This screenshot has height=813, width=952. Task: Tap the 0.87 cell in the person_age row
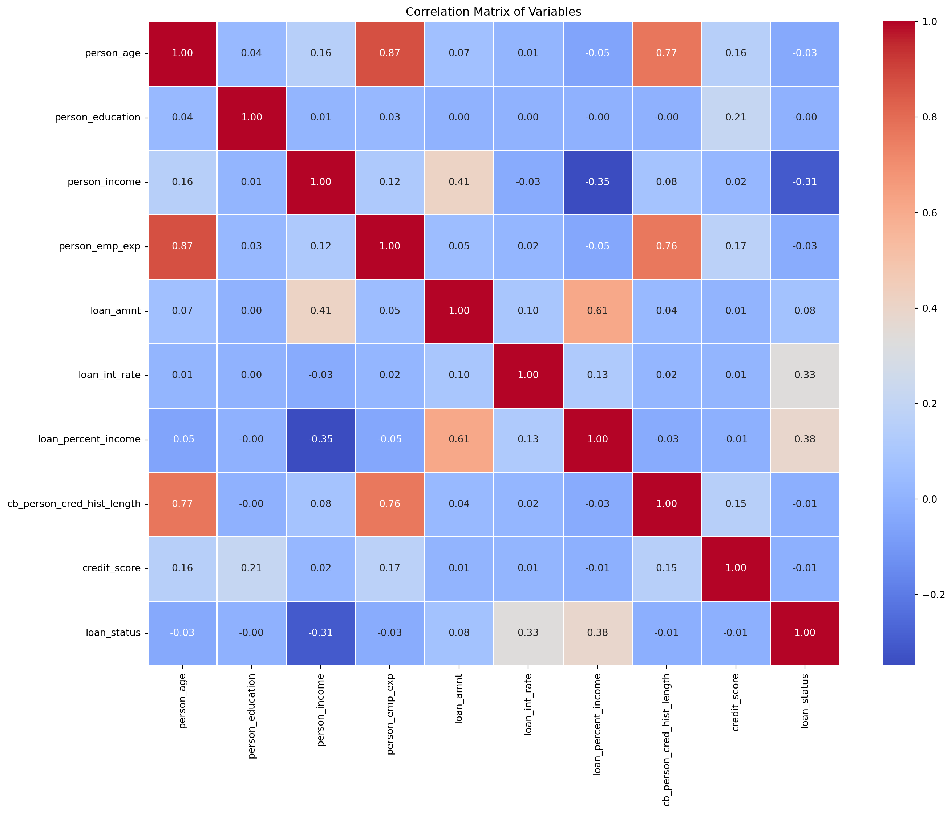click(x=390, y=53)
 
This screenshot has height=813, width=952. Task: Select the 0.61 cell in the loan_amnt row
click(x=597, y=311)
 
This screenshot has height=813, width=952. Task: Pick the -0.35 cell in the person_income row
click(x=597, y=182)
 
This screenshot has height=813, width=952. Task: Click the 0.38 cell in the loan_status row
click(x=597, y=633)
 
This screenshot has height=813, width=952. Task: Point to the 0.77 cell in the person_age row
click(x=666, y=53)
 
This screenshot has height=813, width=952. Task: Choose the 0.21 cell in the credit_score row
click(x=251, y=568)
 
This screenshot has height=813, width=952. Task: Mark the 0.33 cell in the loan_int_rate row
click(x=805, y=375)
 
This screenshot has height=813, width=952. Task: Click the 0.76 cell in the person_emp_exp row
click(x=666, y=246)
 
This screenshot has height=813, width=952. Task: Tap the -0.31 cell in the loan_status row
click(x=321, y=633)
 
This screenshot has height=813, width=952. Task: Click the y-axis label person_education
click(x=97, y=118)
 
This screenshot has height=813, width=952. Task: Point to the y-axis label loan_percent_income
click(x=89, y=439)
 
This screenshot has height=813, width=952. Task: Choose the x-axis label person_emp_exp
click(x=390, y=707)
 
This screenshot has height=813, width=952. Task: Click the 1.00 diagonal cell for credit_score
click(x=736, y=568)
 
